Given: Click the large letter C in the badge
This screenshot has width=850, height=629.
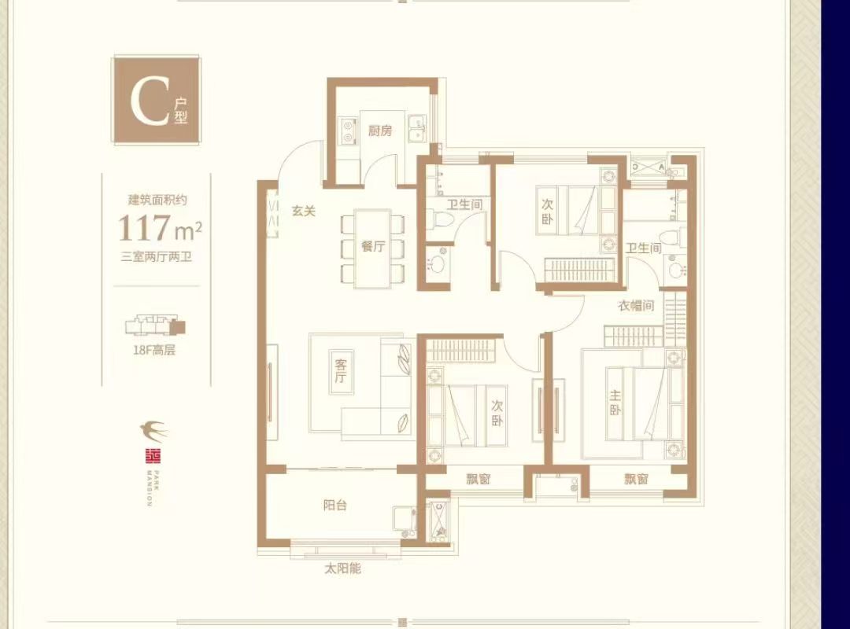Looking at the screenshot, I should (146, 101).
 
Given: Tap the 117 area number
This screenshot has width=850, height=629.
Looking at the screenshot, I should (144, 228).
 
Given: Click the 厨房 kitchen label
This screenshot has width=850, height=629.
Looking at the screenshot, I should (380, 131).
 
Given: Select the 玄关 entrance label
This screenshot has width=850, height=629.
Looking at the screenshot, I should (304, 212).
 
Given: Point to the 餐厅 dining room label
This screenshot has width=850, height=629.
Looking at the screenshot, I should (372, 247).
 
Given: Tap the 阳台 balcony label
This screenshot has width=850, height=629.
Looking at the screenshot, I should (334, 506).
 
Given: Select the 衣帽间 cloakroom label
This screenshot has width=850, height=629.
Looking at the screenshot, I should (635, 307).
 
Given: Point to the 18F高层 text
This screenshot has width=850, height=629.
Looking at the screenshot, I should (154, 351).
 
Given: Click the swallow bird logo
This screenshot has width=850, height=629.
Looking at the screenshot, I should (153, 430).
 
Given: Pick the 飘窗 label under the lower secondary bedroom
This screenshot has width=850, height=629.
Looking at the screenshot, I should (478, 479).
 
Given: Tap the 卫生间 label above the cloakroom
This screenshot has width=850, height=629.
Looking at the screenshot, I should (643, 248).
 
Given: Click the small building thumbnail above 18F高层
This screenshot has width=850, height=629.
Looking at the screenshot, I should (155, 325).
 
